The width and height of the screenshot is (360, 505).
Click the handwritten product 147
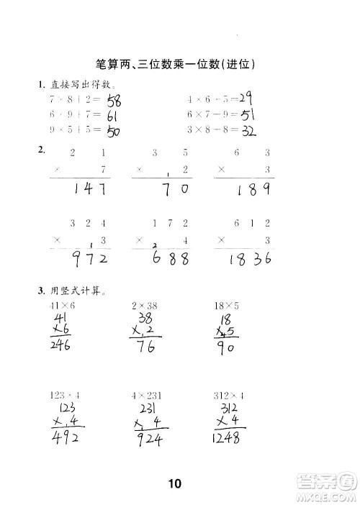tap(93, 190)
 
